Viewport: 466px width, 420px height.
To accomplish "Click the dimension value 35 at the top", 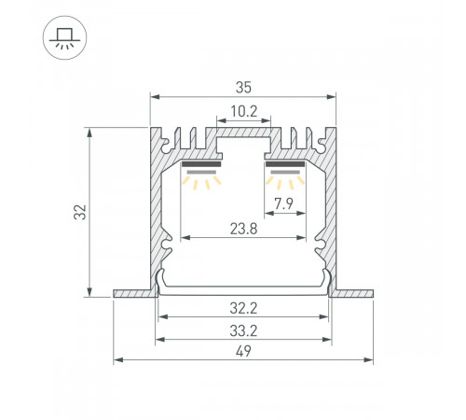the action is tap(243, 88).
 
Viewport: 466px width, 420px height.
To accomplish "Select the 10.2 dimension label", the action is tap(244, 111).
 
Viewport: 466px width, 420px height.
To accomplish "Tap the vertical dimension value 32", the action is tap(80, 212).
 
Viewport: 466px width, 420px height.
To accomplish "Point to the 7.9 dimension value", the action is tap(283, 203).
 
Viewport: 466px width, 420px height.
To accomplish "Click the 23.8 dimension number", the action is tap(243, 229).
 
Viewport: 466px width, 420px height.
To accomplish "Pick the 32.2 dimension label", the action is tap(243, 308).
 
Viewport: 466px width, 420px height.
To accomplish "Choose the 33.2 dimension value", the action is tap(243, 330).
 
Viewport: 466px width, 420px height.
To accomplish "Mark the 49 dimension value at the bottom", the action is tap(243, 351).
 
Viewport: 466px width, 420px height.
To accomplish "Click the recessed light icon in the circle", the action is tap(64, 38).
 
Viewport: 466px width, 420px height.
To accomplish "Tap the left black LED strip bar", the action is tap(201, 164).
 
